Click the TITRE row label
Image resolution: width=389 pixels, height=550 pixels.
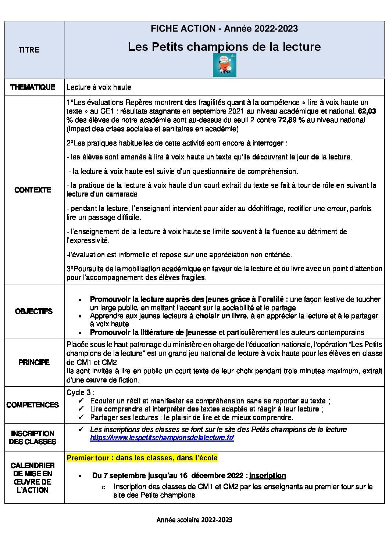(29, 50)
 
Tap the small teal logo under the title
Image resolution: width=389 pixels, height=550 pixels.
(224, 65)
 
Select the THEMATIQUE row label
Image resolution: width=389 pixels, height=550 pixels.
(33, 87)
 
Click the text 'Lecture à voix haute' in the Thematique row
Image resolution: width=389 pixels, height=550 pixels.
(99, 87)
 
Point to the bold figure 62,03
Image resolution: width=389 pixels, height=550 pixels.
(367, 111)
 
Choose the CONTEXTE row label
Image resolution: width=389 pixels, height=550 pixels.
(33, 190)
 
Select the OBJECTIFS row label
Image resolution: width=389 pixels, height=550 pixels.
(34, 311)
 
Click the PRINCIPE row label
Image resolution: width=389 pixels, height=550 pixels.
(34, 362)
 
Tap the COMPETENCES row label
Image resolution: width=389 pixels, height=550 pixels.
(33, 405)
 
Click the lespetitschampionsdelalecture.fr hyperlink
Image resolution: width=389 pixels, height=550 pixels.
(162, 438)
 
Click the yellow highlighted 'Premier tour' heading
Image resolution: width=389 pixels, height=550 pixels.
(142, 458)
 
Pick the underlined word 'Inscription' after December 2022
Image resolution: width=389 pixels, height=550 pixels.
(267, 475)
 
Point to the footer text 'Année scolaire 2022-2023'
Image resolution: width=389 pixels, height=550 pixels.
(194, 520)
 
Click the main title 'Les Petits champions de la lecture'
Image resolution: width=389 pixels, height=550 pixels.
(224, 47)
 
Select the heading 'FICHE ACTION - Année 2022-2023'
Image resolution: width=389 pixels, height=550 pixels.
(224, 29)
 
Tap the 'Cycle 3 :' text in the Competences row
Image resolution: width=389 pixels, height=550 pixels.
(80, 392)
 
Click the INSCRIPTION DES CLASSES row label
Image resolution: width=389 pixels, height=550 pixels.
(33, 438)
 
